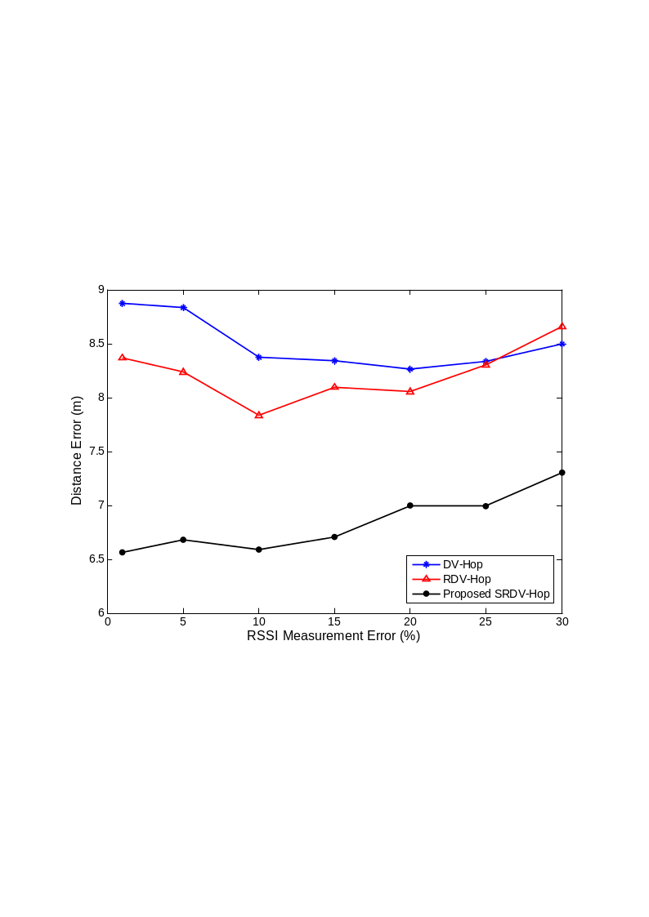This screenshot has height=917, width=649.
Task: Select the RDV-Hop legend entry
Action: pos(467,579)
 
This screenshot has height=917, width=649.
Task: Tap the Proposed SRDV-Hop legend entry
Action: pos(495,594)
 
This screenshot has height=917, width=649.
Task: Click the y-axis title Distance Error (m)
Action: pos(77,452)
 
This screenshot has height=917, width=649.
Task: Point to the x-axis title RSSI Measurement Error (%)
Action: pos(333,636)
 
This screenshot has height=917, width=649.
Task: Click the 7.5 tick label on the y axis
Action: pos(95,452)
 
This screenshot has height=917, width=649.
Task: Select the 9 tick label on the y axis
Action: pos(101,290)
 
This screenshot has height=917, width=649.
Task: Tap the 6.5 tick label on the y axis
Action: pos(95,559)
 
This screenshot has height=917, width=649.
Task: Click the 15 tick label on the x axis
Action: pos(334,622)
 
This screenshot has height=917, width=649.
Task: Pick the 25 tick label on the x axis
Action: pos(486,622)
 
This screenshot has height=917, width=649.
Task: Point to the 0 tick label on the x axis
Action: pos(108,622)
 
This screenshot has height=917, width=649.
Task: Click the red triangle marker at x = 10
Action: pos(259,415)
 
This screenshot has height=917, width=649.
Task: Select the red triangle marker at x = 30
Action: pos(562,326)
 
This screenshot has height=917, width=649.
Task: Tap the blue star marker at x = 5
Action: pos(183,308)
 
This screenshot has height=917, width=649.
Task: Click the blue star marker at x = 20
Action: pos(410,369)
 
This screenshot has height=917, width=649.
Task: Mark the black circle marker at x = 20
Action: pos(410,505)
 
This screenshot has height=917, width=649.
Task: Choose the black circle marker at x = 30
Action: pos(562,473)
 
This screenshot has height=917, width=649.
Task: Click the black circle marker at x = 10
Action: pos(259,550)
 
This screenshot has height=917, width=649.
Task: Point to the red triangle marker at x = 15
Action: pos(334,387)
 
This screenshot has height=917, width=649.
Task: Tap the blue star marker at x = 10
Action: pos(259,358)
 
